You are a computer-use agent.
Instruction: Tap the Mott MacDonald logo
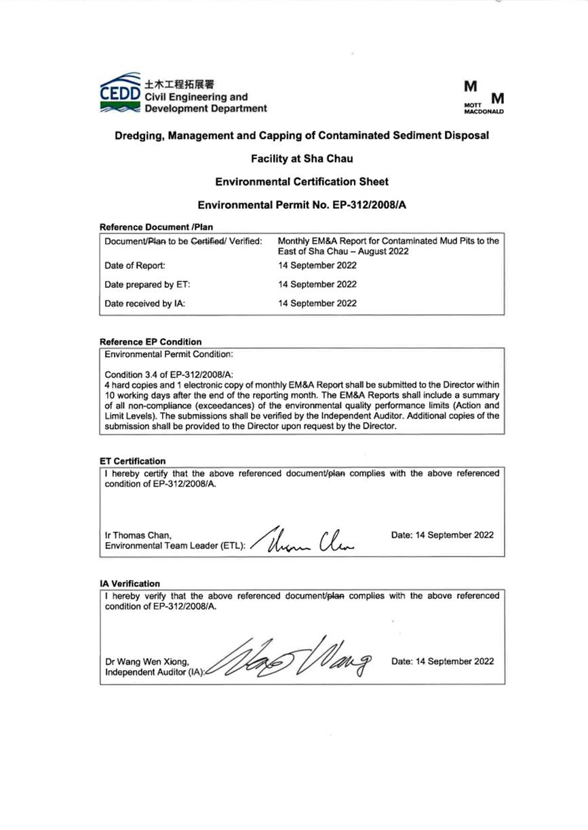pos(484,97)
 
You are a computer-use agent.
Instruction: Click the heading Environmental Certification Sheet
pos(301,182)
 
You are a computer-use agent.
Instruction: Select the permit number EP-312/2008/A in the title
pos(355,204)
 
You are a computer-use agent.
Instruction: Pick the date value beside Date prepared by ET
pos(317,285)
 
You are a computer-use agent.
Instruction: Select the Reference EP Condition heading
pos(150,341)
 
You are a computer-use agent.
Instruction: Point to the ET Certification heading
pos(132,461)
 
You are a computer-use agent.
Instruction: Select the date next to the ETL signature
pos(443,535)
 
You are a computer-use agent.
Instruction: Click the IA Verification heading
pos(130,583)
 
